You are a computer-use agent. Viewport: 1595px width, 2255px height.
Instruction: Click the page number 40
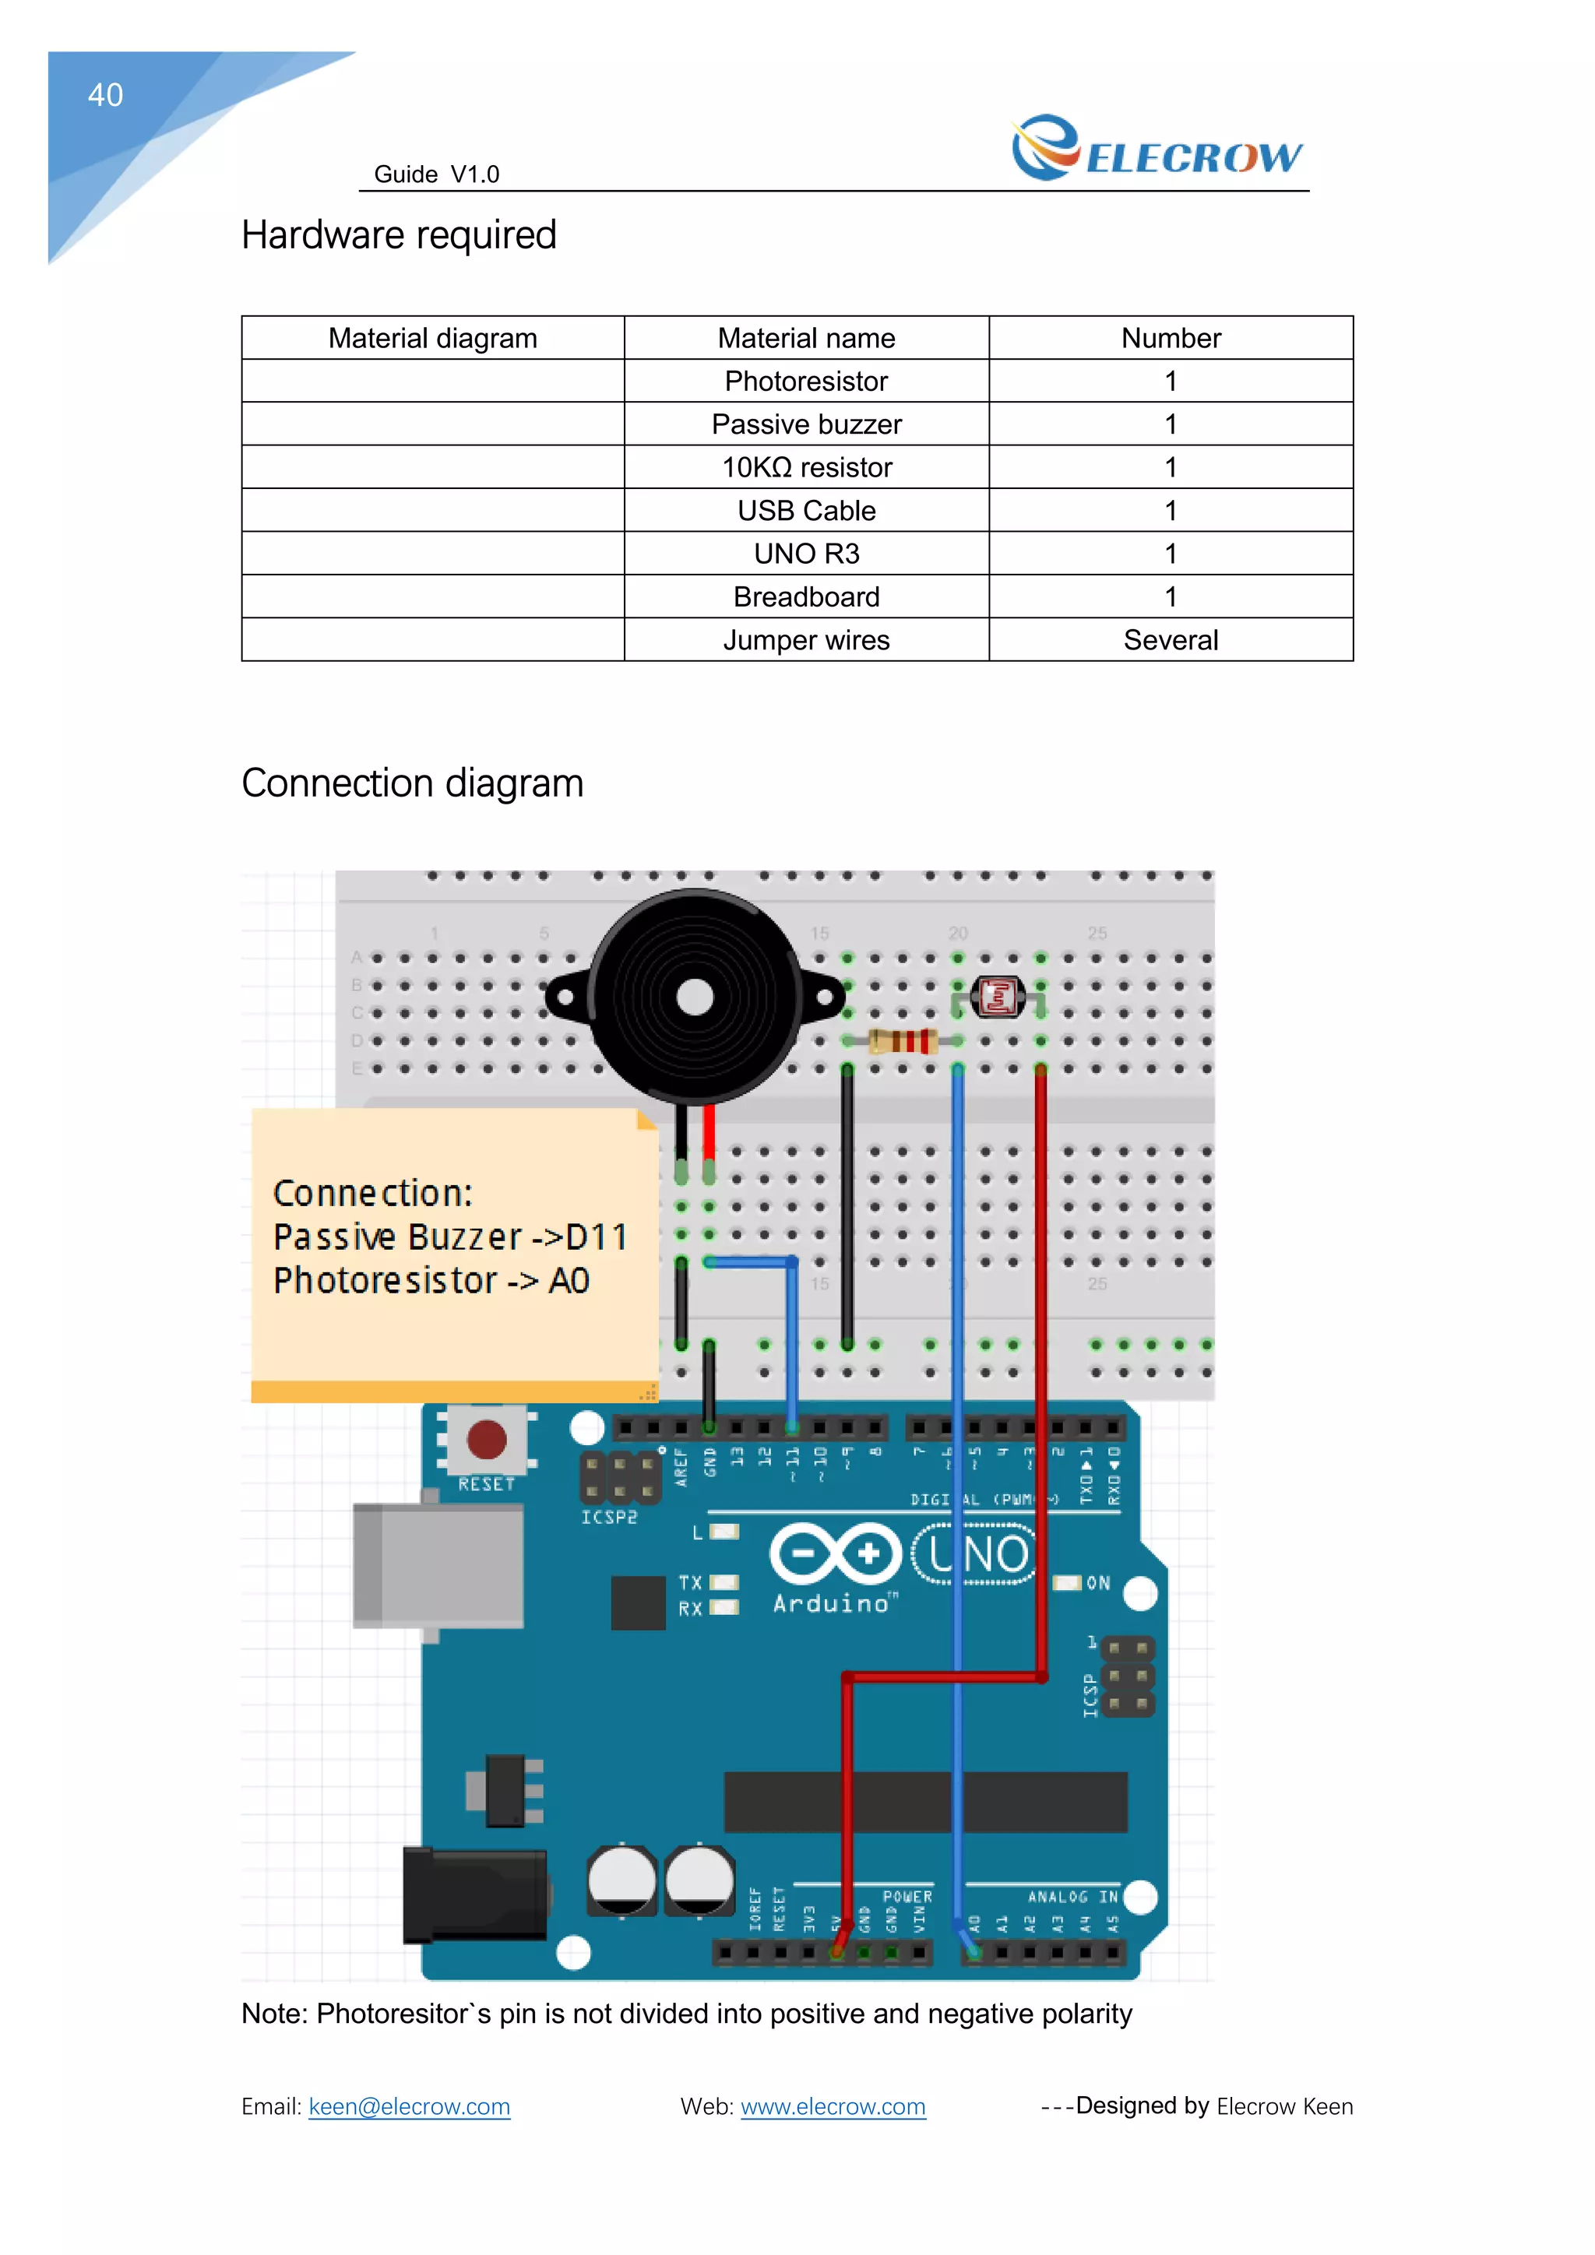(x=105, y=95)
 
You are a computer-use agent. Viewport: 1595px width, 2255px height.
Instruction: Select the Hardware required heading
(x=399, y=236)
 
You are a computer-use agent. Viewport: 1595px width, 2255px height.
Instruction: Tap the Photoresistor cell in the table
(x=805, y=381)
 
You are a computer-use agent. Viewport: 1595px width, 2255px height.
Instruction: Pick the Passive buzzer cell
(x=805, y=424)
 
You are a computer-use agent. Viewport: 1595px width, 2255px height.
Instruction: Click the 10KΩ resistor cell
(x=805, y=467)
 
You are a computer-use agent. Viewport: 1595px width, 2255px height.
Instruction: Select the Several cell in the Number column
(x=1170, y=640)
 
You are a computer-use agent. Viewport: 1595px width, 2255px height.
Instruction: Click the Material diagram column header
(x=432, y=338)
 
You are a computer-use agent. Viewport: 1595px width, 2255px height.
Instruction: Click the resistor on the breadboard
(x=902, y=1041)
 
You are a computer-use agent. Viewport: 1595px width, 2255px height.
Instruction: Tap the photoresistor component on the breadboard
(x=998, y=998)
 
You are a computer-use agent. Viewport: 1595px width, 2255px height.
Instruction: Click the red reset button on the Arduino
(x=486, y=1440)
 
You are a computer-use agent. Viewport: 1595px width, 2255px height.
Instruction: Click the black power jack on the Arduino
(x=475, y=1895)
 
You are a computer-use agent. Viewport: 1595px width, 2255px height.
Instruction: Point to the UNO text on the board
(x=977, y=1555)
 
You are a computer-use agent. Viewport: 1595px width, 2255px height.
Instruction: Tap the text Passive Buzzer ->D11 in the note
(x=450, y=1237)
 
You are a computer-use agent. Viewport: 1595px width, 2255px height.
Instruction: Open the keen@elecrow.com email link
(x=409, y=2107)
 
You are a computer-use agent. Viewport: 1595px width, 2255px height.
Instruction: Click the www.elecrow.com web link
(x=832, y=2107)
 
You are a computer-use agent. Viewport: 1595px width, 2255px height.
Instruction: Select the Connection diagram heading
(x=413, y=784)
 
